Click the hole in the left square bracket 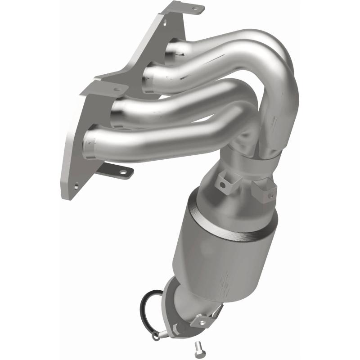click(222, 184)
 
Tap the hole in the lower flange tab click(121, 171)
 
